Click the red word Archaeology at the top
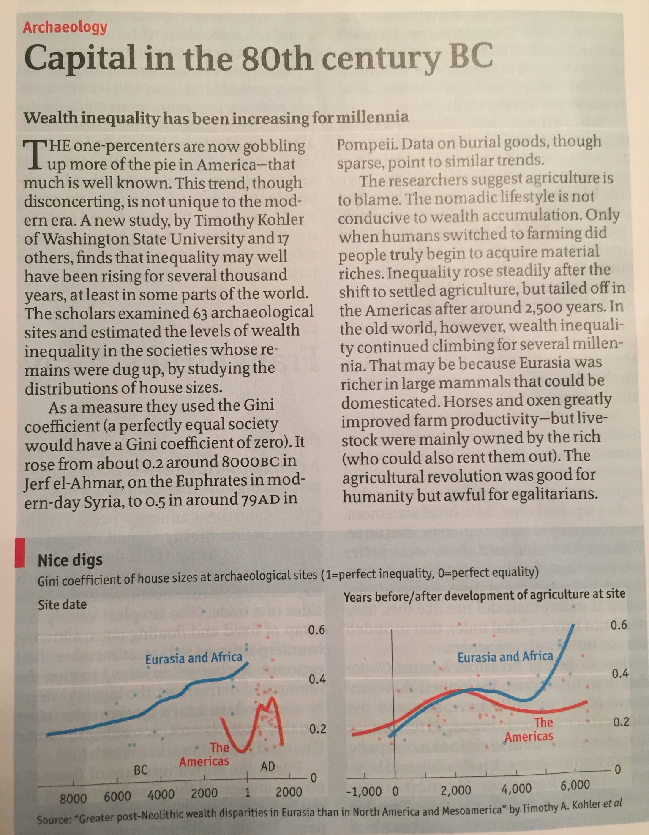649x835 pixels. click(x=65, y=27)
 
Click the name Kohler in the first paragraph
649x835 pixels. click(x=282, y=220)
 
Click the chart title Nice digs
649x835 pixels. click(x=70, y=560)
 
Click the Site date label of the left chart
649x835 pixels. click(x=62, y=604)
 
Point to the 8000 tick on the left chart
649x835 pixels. click(x=73, y=798)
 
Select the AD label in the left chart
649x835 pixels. click(x=267, y=766)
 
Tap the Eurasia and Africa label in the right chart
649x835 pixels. click(x=505, y=657)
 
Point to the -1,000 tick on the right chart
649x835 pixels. click(x=364, y=791)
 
